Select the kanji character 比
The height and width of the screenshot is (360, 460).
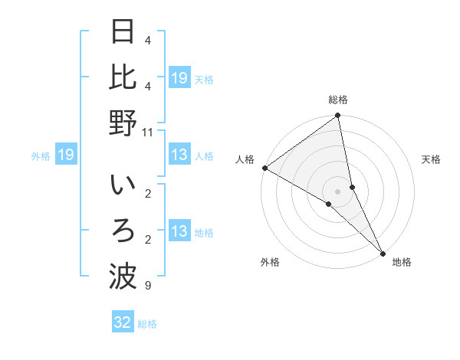[123, 77]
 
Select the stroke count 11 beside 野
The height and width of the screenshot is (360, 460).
[147, 132]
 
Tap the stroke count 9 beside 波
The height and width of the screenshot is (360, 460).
[147, 286]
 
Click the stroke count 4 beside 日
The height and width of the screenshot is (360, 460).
[147, 40]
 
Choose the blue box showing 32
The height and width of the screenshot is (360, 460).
[123, 322]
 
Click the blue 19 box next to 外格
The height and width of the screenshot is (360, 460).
[66, 155]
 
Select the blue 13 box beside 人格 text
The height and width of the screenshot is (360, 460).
[179, 155]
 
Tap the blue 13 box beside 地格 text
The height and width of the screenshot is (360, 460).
[179, 231]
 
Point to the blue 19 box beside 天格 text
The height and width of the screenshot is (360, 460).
[179, 78]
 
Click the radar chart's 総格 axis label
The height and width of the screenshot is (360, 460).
[338, 100]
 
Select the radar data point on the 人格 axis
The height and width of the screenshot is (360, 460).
[264, 168]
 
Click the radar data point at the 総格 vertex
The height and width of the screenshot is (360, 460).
[338, 116]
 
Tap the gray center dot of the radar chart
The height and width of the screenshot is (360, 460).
[338, 191]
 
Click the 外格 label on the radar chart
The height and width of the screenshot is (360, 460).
[270, 262]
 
